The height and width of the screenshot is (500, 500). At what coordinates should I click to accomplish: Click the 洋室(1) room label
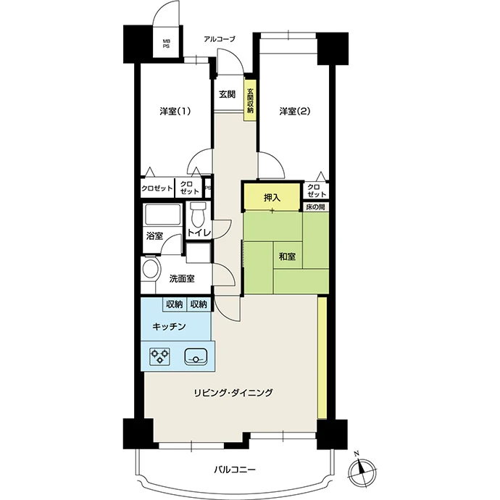point(175,112)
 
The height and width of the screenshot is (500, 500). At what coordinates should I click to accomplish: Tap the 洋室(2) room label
point(295,112)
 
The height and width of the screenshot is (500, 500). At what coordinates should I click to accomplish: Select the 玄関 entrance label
point(227,94)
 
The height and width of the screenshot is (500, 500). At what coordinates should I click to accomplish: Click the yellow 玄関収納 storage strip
point(250,97)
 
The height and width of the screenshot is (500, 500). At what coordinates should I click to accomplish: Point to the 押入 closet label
point(272,198)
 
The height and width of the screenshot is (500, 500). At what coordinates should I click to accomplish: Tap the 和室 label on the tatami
point(287,256)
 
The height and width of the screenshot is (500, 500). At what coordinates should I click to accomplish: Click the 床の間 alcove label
point(315,207)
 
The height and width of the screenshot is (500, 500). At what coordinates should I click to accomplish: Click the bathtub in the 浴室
point(162,214)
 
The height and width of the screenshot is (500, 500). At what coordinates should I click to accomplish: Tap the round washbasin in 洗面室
point(151,269)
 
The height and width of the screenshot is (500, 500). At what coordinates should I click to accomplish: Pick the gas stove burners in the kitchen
point(159,357)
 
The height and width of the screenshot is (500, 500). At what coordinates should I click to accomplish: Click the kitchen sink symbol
point(196,357)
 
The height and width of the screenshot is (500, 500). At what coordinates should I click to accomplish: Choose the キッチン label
point(169,327)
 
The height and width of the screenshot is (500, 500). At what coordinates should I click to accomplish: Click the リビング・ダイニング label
point(234,392)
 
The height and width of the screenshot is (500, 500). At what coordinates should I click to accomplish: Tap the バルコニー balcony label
point(234,470)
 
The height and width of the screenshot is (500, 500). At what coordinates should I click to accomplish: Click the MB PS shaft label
point(166,43)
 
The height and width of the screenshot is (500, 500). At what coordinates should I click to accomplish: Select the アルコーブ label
point(220,39)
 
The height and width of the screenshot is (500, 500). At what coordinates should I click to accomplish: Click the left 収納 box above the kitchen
point(174,304)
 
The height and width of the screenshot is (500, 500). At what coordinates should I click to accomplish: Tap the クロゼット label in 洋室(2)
point(317,191)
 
